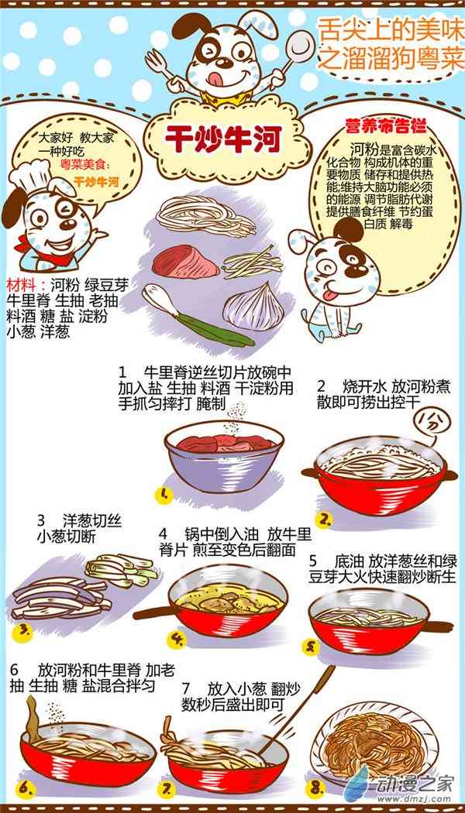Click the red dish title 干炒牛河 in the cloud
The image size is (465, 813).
223,139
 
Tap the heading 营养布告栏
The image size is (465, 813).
386,127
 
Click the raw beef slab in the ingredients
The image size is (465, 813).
185,262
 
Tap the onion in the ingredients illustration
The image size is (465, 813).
254,306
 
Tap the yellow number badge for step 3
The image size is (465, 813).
22,630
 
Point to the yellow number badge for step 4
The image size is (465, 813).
176,639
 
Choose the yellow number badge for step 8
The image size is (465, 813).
316,789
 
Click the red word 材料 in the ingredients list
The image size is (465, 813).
24,285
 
